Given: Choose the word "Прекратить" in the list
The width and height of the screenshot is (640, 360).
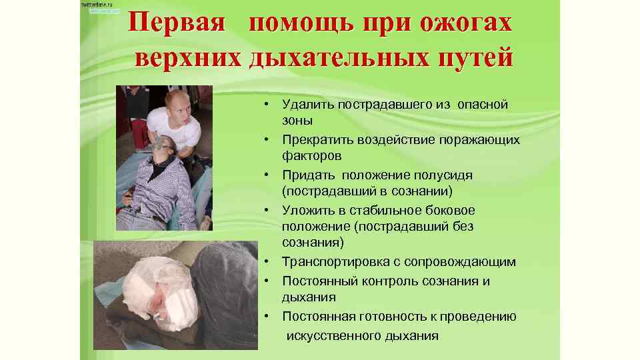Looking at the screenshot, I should [x=316, y=139].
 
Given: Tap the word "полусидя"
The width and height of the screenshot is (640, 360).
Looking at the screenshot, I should [x=442, y=175].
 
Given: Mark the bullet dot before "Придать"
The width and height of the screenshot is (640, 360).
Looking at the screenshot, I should [x=265, y=175].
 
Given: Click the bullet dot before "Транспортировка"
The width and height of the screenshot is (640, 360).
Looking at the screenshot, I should [x=265, y=262].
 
